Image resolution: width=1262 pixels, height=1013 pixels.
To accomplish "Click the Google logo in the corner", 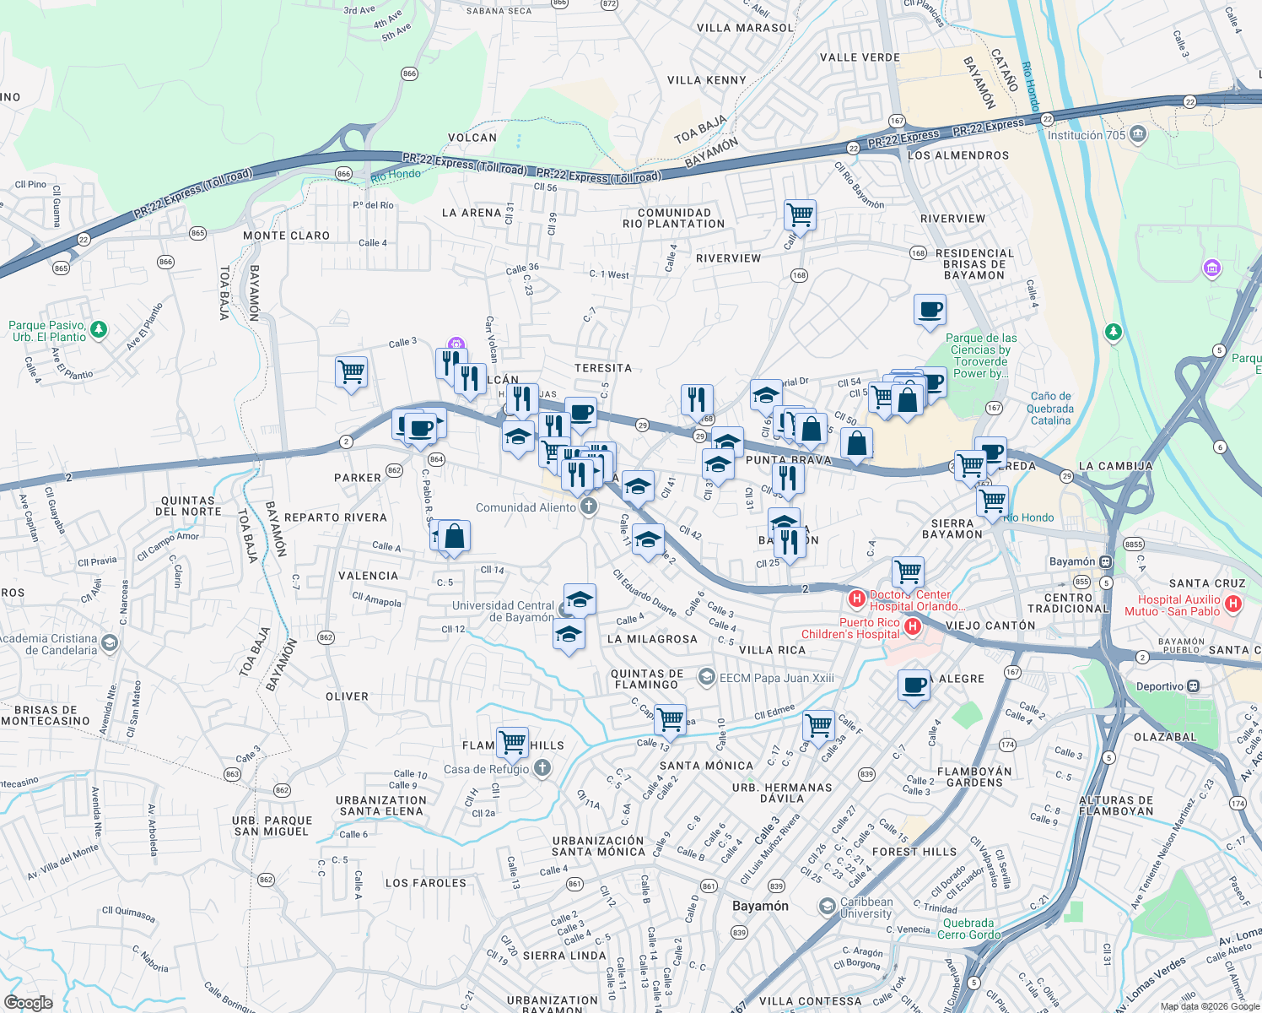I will coord(29,1002).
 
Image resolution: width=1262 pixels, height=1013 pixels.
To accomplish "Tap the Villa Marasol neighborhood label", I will coord(745,28).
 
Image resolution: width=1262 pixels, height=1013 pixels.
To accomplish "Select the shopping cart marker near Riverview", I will coord(800,214).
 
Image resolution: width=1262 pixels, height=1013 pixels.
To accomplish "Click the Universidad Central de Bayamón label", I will coord(503,611).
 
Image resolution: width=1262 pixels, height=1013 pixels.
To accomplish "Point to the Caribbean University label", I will coord(866,907).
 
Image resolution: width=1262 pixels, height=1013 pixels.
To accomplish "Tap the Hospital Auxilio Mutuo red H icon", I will coord(1232,604).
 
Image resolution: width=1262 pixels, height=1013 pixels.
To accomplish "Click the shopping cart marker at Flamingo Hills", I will coord(513,742).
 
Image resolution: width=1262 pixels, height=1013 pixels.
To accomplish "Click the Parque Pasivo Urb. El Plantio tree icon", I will coord(99,329).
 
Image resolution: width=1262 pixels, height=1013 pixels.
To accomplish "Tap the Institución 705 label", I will coord(1087,135).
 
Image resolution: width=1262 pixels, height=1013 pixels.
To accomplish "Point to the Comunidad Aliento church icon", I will coord(589,507).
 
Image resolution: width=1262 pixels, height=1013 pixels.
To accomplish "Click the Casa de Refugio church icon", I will coord(542,768).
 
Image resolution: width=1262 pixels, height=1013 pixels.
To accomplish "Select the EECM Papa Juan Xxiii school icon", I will coord(707,677).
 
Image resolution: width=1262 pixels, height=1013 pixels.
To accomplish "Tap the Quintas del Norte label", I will coord(188,506).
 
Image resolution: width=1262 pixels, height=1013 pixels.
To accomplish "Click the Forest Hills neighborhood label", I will coord(914,852).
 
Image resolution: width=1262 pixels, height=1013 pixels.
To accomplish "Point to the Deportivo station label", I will coord(1160,686).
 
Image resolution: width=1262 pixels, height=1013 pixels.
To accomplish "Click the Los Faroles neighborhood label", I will coord(425,883).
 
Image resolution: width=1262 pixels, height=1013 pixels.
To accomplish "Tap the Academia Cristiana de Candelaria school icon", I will coord(110,644).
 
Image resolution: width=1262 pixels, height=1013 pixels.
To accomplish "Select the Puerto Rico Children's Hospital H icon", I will coord(912,626).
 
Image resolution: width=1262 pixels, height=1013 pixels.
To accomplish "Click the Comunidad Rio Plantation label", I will coord(673,219).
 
